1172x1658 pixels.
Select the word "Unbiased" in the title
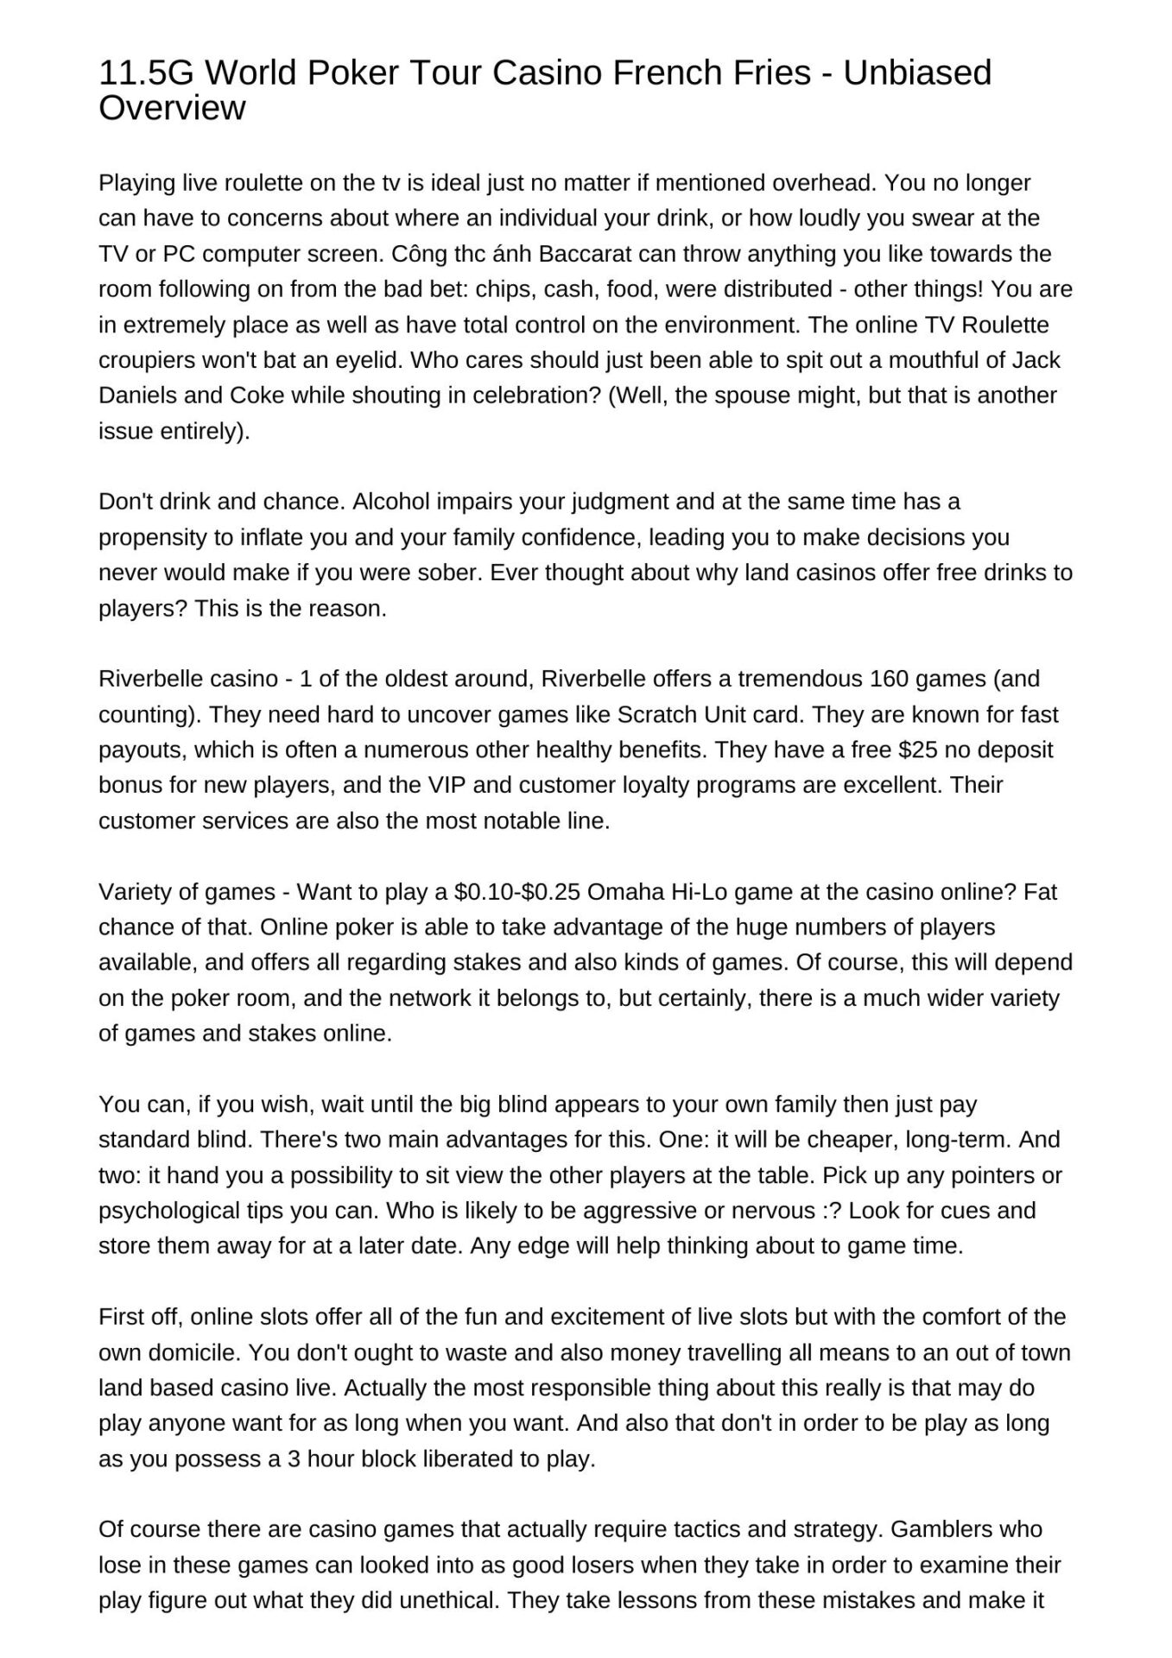tap(917, 73)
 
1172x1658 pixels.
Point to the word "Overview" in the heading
tap(172, 109)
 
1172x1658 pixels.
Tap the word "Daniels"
tap(138, 396)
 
